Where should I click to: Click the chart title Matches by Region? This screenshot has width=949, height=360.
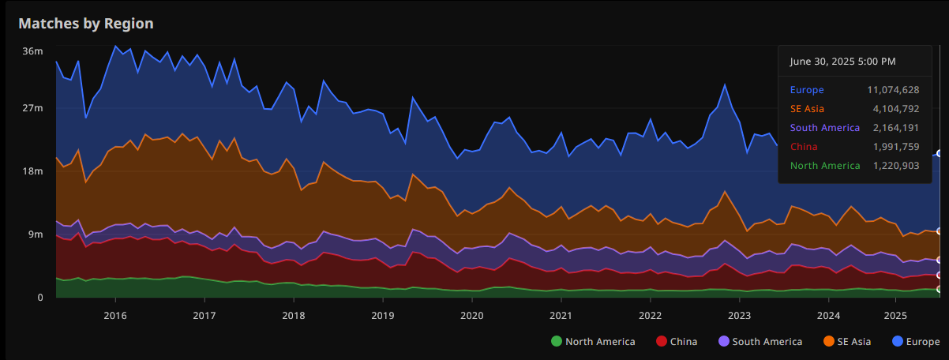coord(85,24)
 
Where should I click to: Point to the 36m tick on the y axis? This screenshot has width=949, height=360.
coord(32,51)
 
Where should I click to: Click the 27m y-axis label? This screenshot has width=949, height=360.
coord(32,108)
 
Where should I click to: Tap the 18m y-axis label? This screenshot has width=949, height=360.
coord(32,171)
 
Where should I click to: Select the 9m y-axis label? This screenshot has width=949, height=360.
coord(36,234)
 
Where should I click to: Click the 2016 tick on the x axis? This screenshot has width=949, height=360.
coord(115,316)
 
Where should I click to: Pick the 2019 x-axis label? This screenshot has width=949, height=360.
coord(383,316)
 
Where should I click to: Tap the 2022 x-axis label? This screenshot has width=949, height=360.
coord(650,316)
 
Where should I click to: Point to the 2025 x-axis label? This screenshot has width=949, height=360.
coord(895,316)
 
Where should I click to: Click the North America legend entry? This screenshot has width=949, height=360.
coord(593,342)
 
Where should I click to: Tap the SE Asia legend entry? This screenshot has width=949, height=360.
coord(848,342)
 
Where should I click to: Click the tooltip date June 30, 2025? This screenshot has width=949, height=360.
coord(842,61)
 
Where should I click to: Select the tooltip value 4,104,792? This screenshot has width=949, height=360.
coord(892,109)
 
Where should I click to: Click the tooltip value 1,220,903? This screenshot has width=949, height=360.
coord(892,166)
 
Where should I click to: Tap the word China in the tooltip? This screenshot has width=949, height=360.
coord(803,147)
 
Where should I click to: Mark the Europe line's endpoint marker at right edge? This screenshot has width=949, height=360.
coord(940,153)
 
